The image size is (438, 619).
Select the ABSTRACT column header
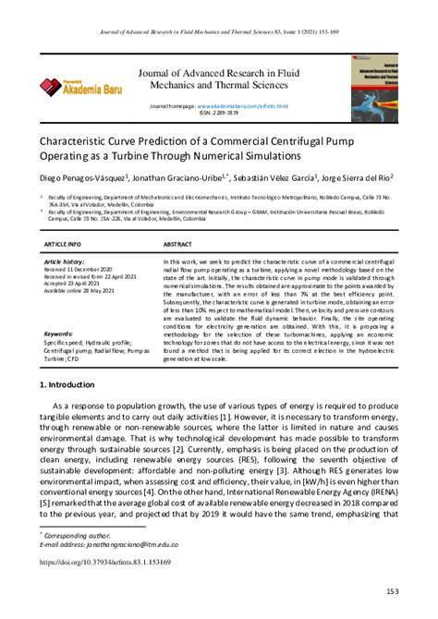point(177,245)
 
